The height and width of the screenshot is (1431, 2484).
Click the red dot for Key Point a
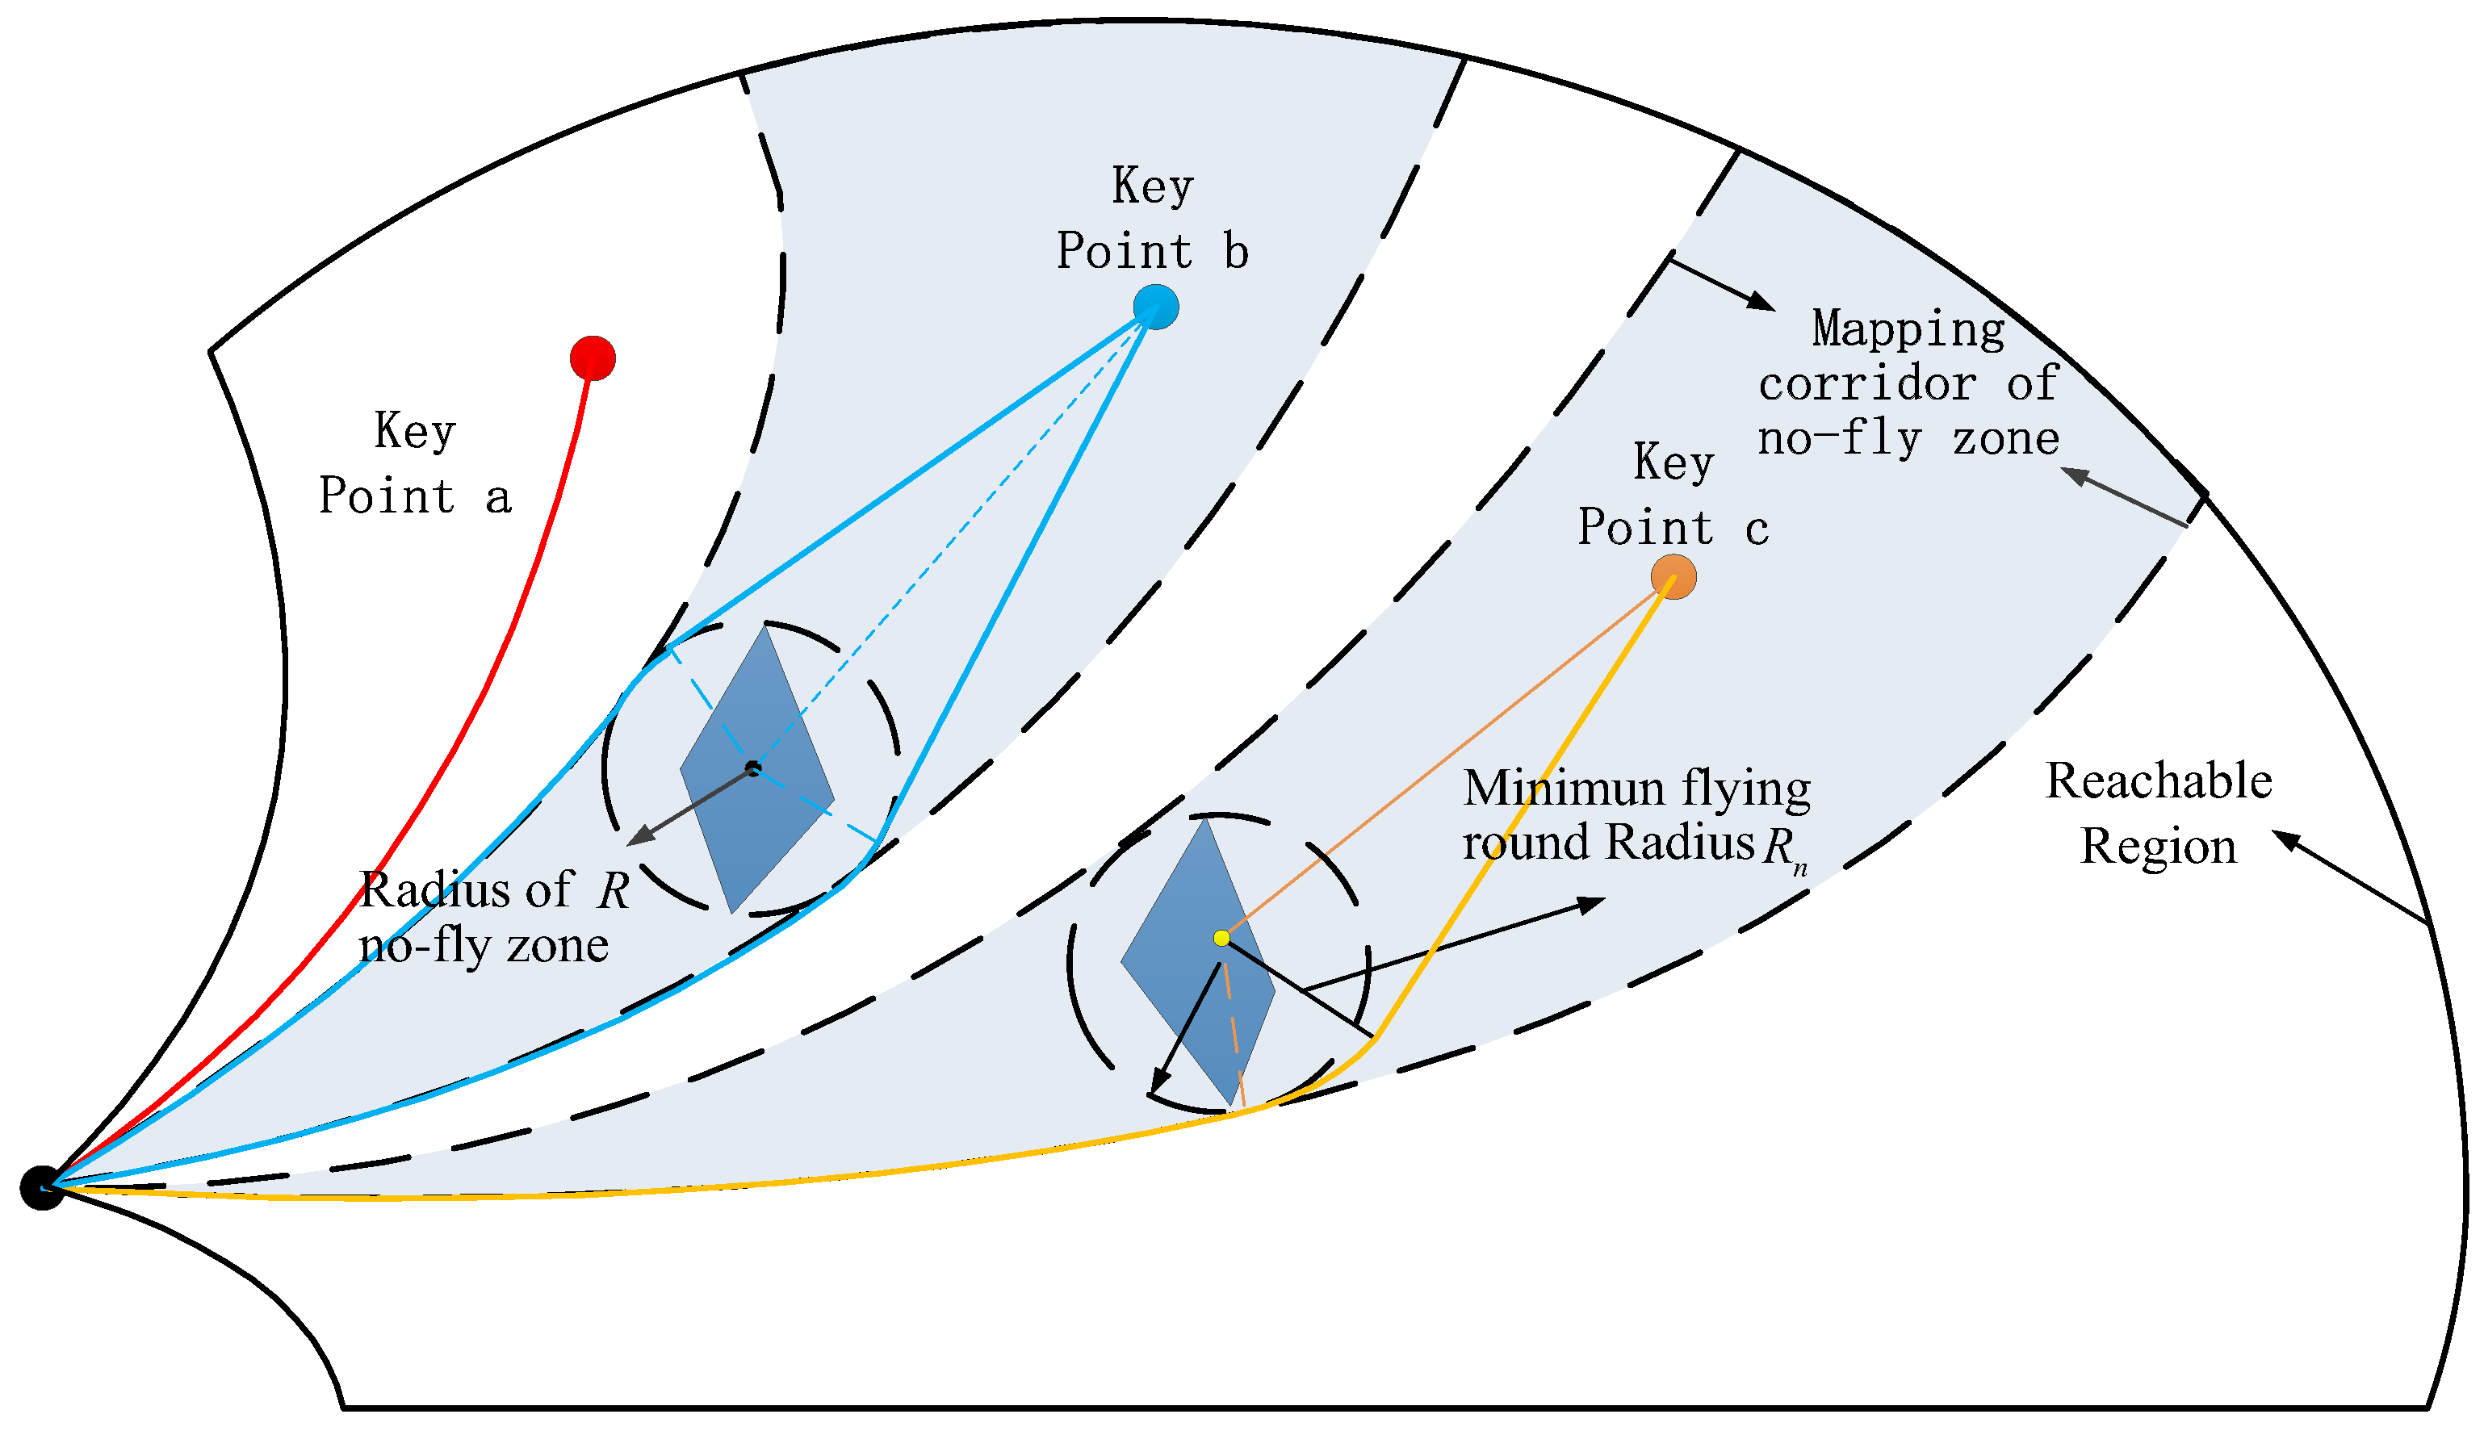(x=593, y=358)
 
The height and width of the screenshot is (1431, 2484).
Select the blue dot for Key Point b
(x=1155, y=307)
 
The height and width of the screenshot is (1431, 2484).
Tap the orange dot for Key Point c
(x=1673, y=577)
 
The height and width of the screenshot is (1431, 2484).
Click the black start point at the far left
(x=42, y=1188)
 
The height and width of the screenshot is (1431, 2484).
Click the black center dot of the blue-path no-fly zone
(x=753, y=768)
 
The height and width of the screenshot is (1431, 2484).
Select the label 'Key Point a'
(x=415, y=464)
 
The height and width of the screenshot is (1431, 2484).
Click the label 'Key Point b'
(x=1152, y=218)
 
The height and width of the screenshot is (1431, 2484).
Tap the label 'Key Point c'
(x=1673, y=495)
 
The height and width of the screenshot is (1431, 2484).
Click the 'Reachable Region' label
(x=2159, y=813)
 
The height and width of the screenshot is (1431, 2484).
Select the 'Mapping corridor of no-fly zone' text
(x=1907, y=383)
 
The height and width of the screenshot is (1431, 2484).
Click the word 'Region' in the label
(x=2159, y=846)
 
